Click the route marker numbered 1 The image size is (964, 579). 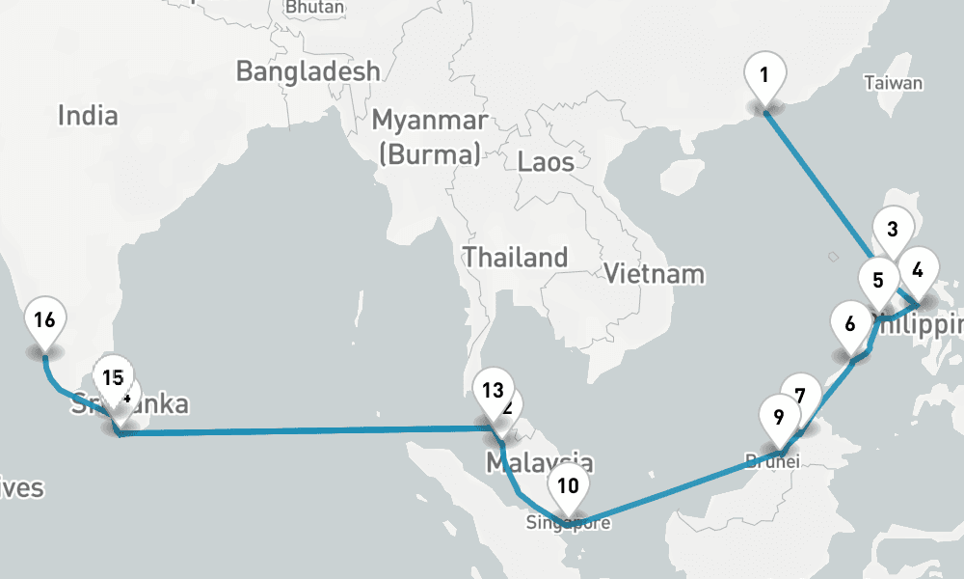click(x=763, y=74)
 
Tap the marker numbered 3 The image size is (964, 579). click(x=893, y=230)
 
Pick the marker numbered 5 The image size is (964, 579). click(x=878, y=281)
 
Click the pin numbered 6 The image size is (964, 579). click(x=850, y=323)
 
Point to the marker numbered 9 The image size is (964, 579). click(x=779, y=417)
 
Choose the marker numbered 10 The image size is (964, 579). click(x=568, y=485)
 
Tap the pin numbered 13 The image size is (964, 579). click(x=493, y=391)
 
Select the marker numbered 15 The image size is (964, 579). click(x=113, y=376)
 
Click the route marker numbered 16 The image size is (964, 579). click(x=44, y=319)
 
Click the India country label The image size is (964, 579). click(x=88, y=116)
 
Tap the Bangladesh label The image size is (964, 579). click(x=308, y=71)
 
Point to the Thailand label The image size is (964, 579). click(x=515, y=258)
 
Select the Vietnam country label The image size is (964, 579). click(x=654, y=274)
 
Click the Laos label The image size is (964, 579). click(x=546, y=161)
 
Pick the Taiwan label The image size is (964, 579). click(x=893, y=83)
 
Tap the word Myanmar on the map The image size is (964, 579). click(x=430, y=122)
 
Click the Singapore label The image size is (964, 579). click(x=569, y=524)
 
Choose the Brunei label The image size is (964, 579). click(x=772, y=461)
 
